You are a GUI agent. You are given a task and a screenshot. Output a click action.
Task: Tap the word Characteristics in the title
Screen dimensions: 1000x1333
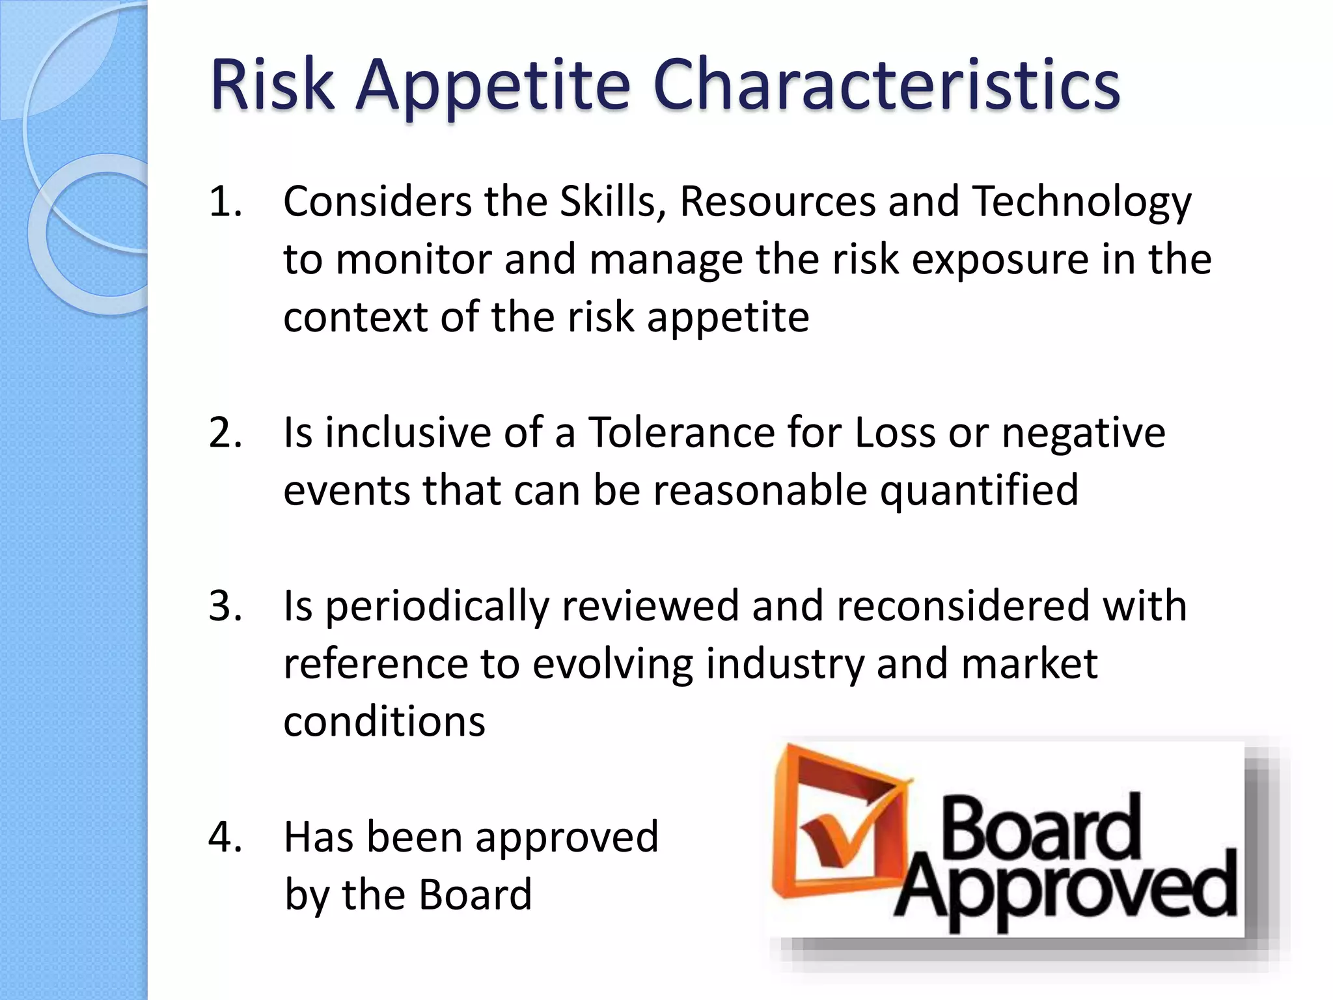[x=886, y=85]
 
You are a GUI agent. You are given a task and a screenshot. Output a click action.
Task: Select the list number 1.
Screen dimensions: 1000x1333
[x=225, y=201]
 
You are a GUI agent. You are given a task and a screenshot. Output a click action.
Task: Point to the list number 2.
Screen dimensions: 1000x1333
[x=225, y=433]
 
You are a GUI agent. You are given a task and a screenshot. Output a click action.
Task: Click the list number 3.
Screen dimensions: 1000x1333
[x=225, y=606]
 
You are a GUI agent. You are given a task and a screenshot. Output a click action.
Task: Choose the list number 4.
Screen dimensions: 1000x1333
[x=225, y=837]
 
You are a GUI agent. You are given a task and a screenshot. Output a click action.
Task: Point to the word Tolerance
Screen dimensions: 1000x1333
[x=681, y=433]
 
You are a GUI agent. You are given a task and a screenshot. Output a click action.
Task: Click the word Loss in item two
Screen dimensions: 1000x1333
[x=894, y=433]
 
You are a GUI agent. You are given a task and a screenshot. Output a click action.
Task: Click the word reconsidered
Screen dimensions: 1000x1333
[x=963, y=606]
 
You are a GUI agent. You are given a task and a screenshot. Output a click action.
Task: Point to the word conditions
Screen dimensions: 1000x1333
[x=384, y=722]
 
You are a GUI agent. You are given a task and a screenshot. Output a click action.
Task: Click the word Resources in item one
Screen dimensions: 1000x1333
[x=778, y=201]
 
